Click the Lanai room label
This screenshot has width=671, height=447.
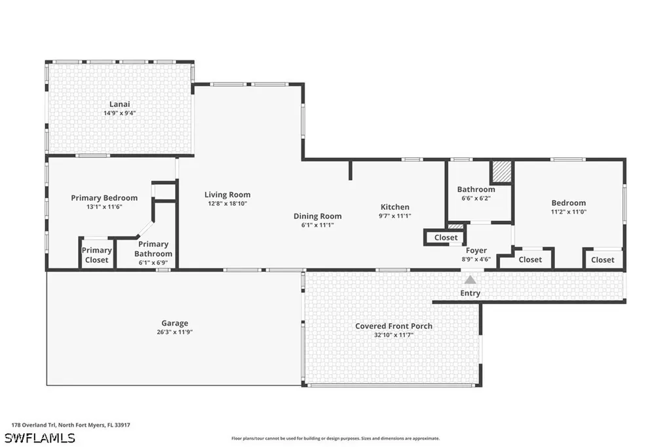tap(119, 104)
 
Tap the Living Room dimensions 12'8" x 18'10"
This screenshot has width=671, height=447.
tap(227, 203)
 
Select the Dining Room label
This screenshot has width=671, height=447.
tap(318, 216)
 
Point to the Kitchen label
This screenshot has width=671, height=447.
tap(395, 207)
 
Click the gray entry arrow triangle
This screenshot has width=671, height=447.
tap(470, 280)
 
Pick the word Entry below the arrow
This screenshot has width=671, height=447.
tap(470, 293)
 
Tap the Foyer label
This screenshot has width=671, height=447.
tap(476, 250)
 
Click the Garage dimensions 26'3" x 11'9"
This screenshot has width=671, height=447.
tap(174, 332)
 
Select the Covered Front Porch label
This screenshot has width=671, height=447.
tap(394, 326)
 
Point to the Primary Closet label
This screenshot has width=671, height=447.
tap(97, 255)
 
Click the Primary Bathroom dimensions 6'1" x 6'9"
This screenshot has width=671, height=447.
tap(153, 262)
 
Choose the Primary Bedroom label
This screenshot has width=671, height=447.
tap(104, 198)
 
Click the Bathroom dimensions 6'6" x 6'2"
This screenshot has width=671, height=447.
tap(476, 198)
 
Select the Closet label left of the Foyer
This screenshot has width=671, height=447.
tap(446, 238)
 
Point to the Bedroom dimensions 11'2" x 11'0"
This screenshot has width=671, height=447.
tap(569, 212)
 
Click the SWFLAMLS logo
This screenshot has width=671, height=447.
tap(40, 438)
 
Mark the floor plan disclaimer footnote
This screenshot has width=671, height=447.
tap(335, 438)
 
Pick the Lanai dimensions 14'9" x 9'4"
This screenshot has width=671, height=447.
tap(119, 113)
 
